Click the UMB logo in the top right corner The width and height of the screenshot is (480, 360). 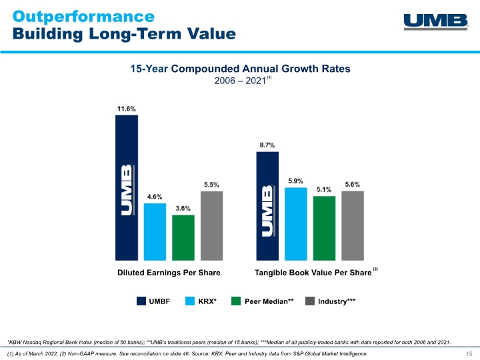435,21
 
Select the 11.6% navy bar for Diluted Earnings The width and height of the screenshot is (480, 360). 127,187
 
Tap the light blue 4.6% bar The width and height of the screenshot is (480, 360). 155,231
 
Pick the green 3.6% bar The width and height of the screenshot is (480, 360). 183,237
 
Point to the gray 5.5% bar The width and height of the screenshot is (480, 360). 211,225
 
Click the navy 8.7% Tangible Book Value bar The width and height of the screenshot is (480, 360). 267,205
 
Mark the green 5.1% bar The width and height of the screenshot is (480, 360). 324,227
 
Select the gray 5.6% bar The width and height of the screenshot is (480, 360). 353,225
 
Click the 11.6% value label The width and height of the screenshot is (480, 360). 127,108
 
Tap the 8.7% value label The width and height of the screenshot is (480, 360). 267,145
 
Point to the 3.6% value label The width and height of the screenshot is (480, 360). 183,208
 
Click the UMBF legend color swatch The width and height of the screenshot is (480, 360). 141,301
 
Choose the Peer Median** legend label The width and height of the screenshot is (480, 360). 269,301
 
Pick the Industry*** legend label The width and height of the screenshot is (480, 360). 337,301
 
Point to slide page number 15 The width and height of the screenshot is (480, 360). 469,353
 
